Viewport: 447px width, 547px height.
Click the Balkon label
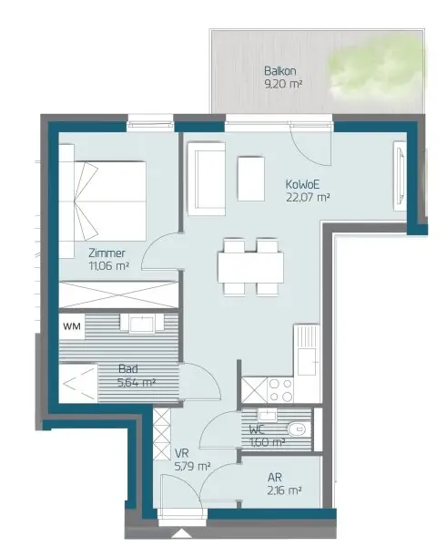(280, 71)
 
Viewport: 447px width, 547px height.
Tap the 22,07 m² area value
(308, 198)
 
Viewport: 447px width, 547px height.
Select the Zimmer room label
(107, 253)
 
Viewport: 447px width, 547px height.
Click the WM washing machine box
(72, 326)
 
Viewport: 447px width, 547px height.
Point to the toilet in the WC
(297, 428)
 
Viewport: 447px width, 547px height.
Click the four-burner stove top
(280, 390)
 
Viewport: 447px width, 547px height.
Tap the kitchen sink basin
(307, 361)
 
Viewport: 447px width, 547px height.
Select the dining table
(250, 267)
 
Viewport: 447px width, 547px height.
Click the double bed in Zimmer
(110, 201)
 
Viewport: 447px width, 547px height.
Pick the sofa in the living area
(207, 179)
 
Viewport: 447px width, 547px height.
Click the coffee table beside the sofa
(251, 179)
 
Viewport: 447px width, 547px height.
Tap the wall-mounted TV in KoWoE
(401, 175)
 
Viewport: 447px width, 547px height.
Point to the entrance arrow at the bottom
(180, 533)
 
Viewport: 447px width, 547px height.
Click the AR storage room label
(275, 477)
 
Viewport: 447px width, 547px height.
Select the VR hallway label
(181, 453)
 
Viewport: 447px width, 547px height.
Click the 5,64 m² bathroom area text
(137, 382)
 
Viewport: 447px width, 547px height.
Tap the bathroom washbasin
(141, 324)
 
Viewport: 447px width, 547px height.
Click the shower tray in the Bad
(78, 384)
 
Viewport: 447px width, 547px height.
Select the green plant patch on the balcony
(374, 68)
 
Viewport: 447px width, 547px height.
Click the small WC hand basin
(268, 415)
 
